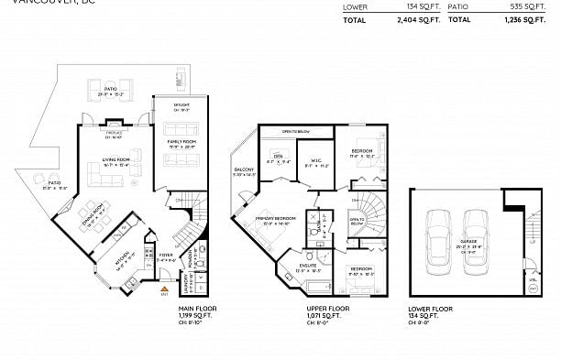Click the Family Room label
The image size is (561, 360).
(181, 142)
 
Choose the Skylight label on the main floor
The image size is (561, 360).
(181, 104)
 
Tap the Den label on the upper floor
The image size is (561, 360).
(279, 157)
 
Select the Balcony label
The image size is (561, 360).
(244, 169)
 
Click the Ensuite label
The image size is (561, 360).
(307, 267)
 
